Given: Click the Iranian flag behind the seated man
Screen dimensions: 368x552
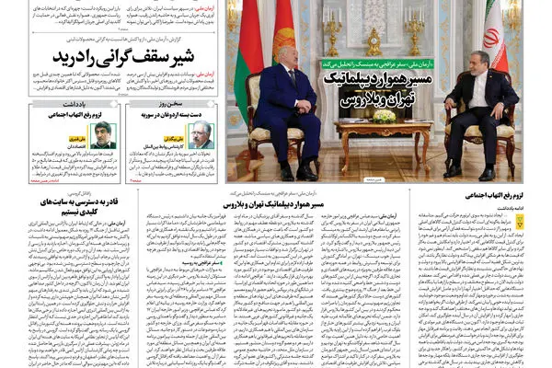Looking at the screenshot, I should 493,37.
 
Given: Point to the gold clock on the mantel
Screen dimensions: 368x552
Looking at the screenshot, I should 374,41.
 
